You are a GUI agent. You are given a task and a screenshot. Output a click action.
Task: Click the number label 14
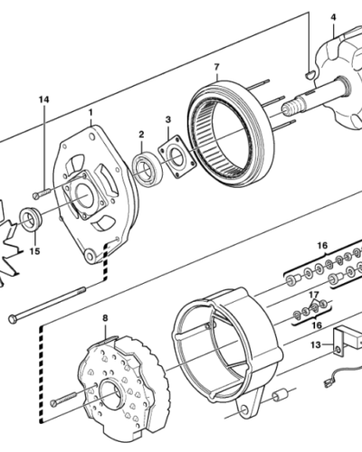click(x=42, y=99)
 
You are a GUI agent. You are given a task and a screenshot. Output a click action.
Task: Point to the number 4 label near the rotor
click(x=332, y=16)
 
